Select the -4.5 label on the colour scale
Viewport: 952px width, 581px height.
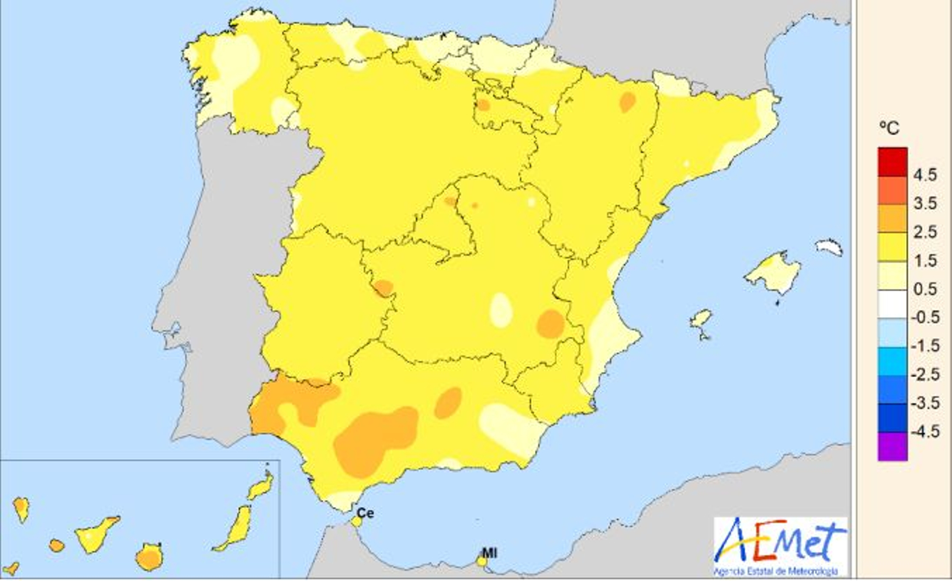coord(925,431)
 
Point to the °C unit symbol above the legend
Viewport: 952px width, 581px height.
coord(889,128)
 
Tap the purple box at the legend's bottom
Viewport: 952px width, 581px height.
coord(892,446)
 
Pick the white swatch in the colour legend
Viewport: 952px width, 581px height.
coord(892,303)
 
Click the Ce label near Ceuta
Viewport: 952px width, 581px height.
coord(365,513)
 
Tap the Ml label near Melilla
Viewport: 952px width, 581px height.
coord(489,553)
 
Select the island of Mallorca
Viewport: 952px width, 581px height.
coord(773,273)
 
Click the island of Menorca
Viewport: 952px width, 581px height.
coord(829,246)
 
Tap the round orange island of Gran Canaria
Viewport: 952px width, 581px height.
coord(149,558)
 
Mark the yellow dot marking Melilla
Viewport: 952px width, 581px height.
coord(482,561)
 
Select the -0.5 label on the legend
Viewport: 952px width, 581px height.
coord(925,317)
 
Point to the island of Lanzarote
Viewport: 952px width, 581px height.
coord(261,486)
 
